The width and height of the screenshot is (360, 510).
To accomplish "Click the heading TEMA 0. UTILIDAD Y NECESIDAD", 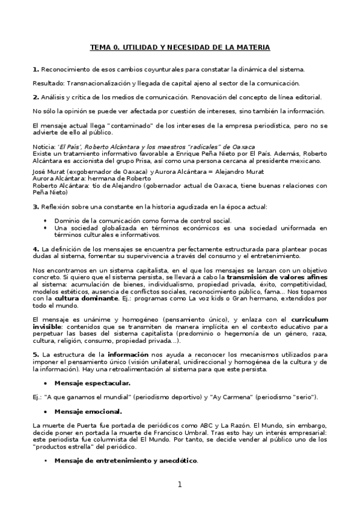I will tap(180, 47).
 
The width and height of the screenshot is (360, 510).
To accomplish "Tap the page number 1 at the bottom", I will tap(179, 485).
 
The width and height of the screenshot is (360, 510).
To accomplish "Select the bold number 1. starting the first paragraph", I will tap(35, 70).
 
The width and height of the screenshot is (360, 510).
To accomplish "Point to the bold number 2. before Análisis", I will tap(35, 97).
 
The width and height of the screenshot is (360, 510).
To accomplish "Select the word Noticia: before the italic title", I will tap(44, 147).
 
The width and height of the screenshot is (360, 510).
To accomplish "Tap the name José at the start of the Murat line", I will tap(38, 171).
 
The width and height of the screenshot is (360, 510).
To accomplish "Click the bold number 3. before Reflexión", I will tap(35, 207).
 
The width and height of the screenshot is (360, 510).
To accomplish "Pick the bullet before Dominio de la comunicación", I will tap(46, 221).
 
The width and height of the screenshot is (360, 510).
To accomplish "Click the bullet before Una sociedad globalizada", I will tap(46, 228).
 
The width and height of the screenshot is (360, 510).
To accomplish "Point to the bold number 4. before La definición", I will tap(35, 249).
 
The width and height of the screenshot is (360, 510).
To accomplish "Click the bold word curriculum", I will tap(306, 318).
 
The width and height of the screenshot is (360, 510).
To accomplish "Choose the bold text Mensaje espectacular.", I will tap(92, 383).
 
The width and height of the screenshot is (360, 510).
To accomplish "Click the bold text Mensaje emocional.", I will tap(88, 411).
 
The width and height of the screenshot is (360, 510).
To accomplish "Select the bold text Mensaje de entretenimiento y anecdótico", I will tap(126, 461).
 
